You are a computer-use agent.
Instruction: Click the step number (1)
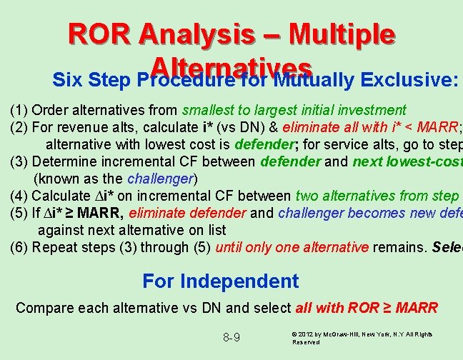19,111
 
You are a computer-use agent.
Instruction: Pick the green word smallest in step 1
209,111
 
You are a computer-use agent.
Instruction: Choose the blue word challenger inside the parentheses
160,179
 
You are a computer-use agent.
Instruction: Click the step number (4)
19,196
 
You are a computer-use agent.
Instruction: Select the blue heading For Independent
221,281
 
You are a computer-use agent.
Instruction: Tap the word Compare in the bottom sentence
43,309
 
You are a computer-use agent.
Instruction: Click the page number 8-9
231,337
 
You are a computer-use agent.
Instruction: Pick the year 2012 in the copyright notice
309,334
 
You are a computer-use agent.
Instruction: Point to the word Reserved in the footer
308,342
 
